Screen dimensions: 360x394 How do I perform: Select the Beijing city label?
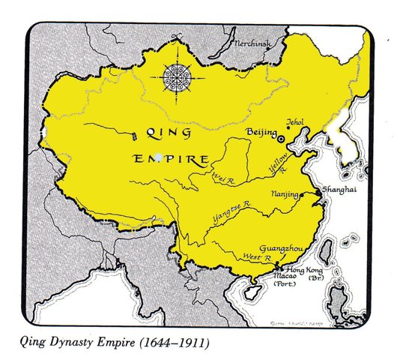261,131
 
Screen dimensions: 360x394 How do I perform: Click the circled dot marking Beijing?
282,139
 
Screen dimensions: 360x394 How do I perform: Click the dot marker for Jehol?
288,127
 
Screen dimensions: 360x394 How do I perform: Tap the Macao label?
285,277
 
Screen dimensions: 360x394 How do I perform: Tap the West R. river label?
255,257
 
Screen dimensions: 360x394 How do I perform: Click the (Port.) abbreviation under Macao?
285,285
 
